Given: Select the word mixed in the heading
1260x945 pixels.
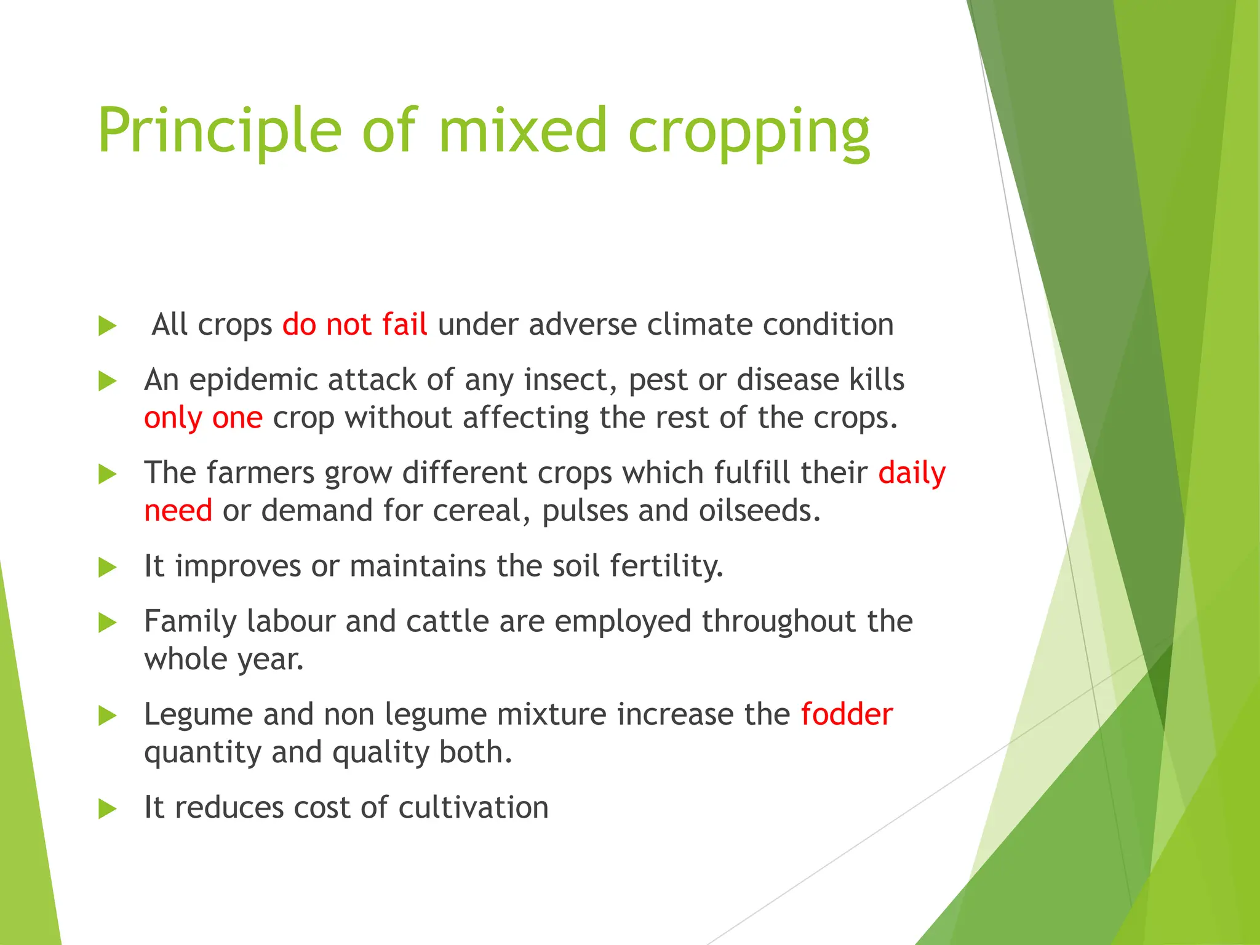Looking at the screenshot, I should (523, 130).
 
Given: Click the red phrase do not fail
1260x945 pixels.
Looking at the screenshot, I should (354, 324).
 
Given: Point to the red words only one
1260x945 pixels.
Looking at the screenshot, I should (203, 418).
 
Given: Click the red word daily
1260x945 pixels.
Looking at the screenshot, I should (912, 474).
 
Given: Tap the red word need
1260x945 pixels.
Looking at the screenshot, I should (178, 511).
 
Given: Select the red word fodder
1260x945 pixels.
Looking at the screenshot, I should (847, 715).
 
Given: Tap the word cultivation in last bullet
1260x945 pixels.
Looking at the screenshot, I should (473, 807).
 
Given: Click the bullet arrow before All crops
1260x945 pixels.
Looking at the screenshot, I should (107, 326).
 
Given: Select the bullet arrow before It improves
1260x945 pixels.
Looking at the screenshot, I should (107, 567).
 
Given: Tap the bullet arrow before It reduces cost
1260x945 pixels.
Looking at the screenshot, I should (107, 809).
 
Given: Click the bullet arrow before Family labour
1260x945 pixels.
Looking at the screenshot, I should (107, 623).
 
